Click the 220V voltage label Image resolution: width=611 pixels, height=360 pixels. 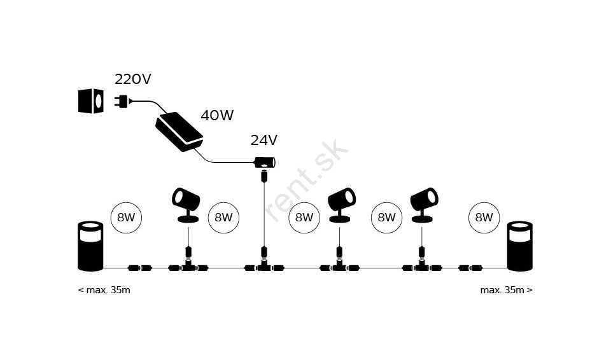(x=132, y=79)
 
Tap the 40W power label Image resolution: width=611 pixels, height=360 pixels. (x=217, y=115)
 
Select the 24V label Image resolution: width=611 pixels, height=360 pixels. (x=263, y=141)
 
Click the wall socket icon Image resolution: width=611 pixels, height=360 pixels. (x=91, y=101)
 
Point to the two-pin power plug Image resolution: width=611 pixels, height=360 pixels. (x=123, y=101)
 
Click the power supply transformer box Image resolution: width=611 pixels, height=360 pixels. (x=179, y=132)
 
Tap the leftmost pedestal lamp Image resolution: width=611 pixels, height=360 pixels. (x=90, y=246)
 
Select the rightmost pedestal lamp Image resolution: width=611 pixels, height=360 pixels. (x=520, y=246)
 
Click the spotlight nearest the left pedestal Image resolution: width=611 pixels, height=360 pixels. (x=186, y=205)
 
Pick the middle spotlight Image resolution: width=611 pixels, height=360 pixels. (x=341, y=205)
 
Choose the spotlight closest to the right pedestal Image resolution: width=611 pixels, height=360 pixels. (x=424, y=205)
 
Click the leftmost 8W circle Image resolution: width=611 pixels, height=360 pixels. (x=126, y=218)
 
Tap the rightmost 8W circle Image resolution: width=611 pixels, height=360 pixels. (x=484, y=218)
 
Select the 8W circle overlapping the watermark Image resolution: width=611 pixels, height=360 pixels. (x=304, y=218)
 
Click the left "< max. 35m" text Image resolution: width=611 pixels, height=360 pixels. (x=104, y=290)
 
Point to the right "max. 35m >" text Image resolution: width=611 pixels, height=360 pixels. (x=506, y=290)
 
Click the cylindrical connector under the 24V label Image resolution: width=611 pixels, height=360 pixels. (x=265, y=162)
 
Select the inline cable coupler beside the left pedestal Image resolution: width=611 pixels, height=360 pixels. (x=140, y=268)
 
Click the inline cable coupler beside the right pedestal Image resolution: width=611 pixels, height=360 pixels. (x=471, y=268)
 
